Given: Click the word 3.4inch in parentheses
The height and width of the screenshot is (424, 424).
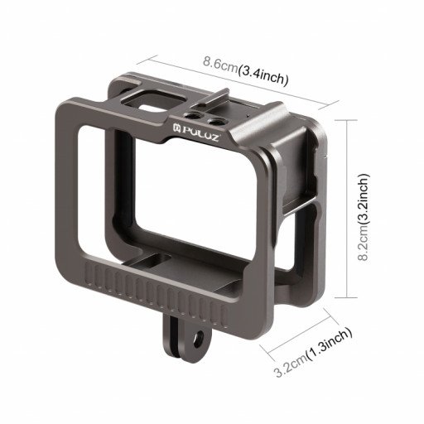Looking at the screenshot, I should pyautogui.click(x=263, y=76).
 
